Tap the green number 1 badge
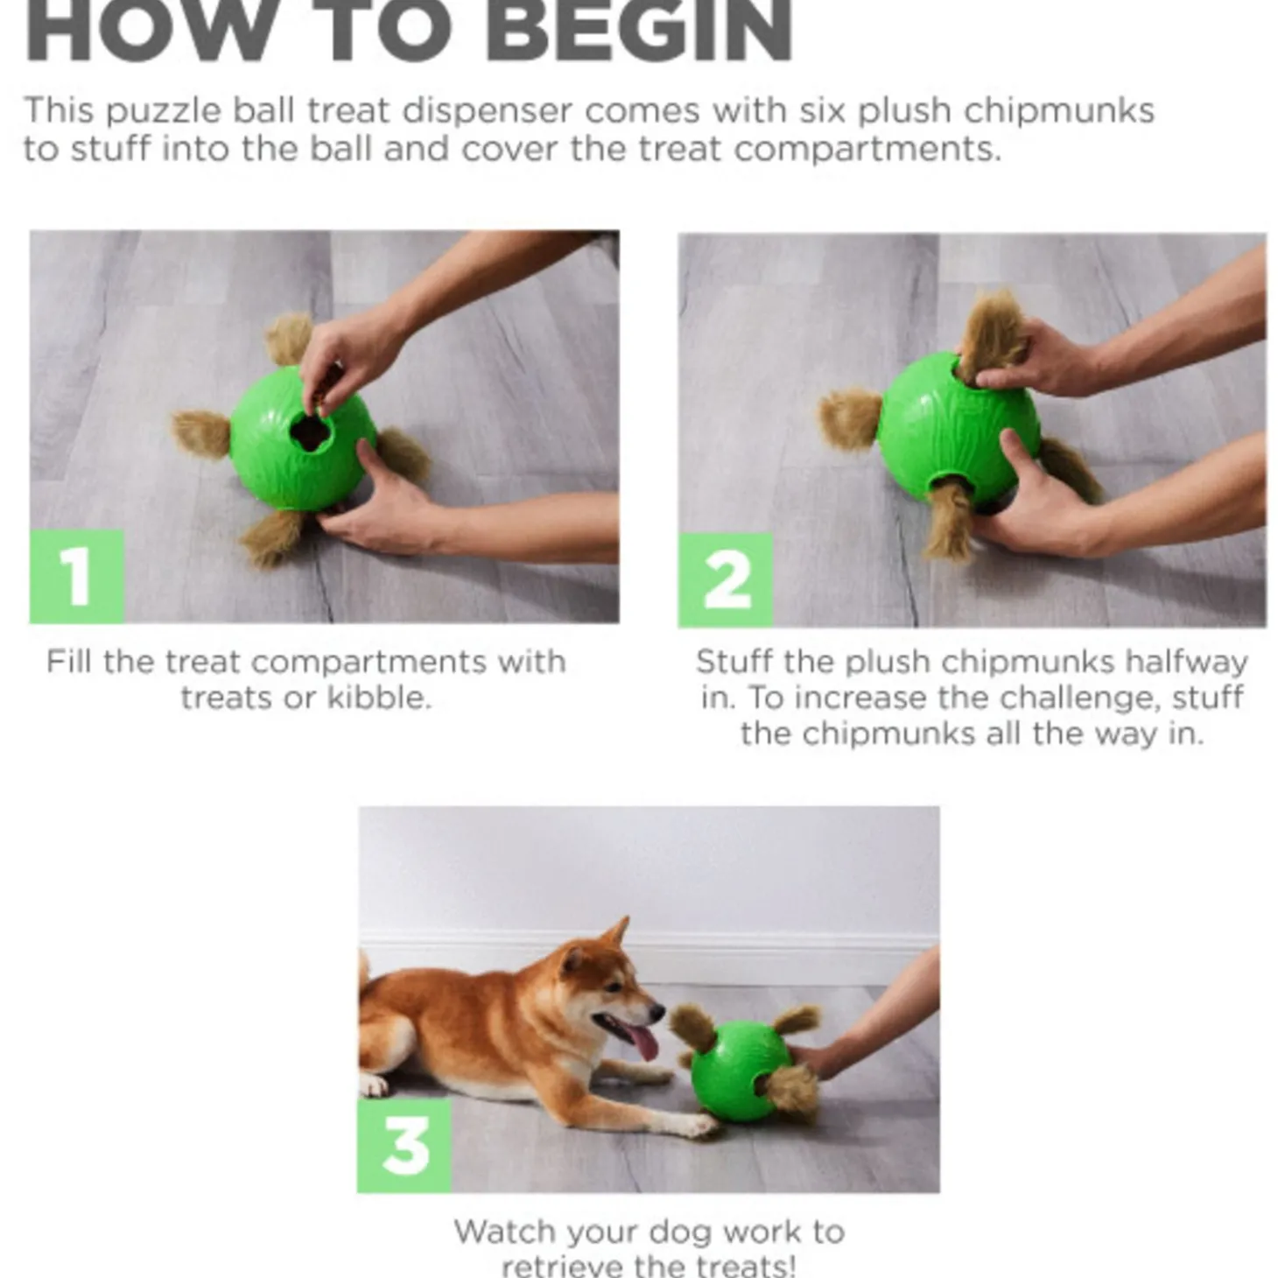[x=77, y=576]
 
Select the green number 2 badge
[x=725, y=579]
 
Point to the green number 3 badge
[x=404, y=1145]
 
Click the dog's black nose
[x=656, y=1011]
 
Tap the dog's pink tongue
[x=642, y=1042]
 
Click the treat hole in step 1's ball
[x=310, y=432]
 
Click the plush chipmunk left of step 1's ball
[x=201, y=434]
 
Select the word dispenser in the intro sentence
[x=486, y=111]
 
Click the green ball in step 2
[x=958, y=428]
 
